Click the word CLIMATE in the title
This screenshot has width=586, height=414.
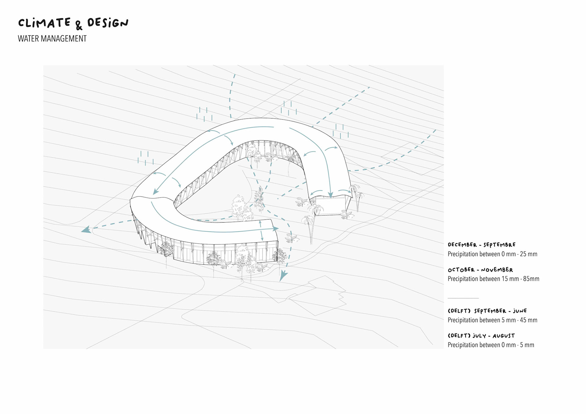(44, 23)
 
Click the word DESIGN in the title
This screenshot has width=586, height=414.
(108, 23)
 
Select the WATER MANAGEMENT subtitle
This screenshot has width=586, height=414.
(52, 39)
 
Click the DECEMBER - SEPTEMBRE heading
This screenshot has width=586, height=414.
(481, 245)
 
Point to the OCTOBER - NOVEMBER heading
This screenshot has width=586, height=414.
(480, 270)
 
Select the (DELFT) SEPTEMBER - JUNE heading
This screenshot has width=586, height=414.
(487, 311)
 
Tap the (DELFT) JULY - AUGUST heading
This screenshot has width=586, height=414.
(481, 336)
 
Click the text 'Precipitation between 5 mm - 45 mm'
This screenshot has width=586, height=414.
(492, 320)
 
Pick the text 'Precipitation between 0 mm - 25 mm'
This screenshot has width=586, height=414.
(492, 254)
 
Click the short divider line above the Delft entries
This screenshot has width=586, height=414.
(463, 298)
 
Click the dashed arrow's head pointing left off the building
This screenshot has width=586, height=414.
(86, 229)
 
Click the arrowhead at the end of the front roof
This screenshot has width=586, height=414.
(276, 229)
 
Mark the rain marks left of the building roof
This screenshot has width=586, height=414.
(145, 158)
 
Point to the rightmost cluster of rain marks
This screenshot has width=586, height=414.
(340, 131)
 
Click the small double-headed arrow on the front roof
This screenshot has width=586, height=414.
(261, 230)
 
